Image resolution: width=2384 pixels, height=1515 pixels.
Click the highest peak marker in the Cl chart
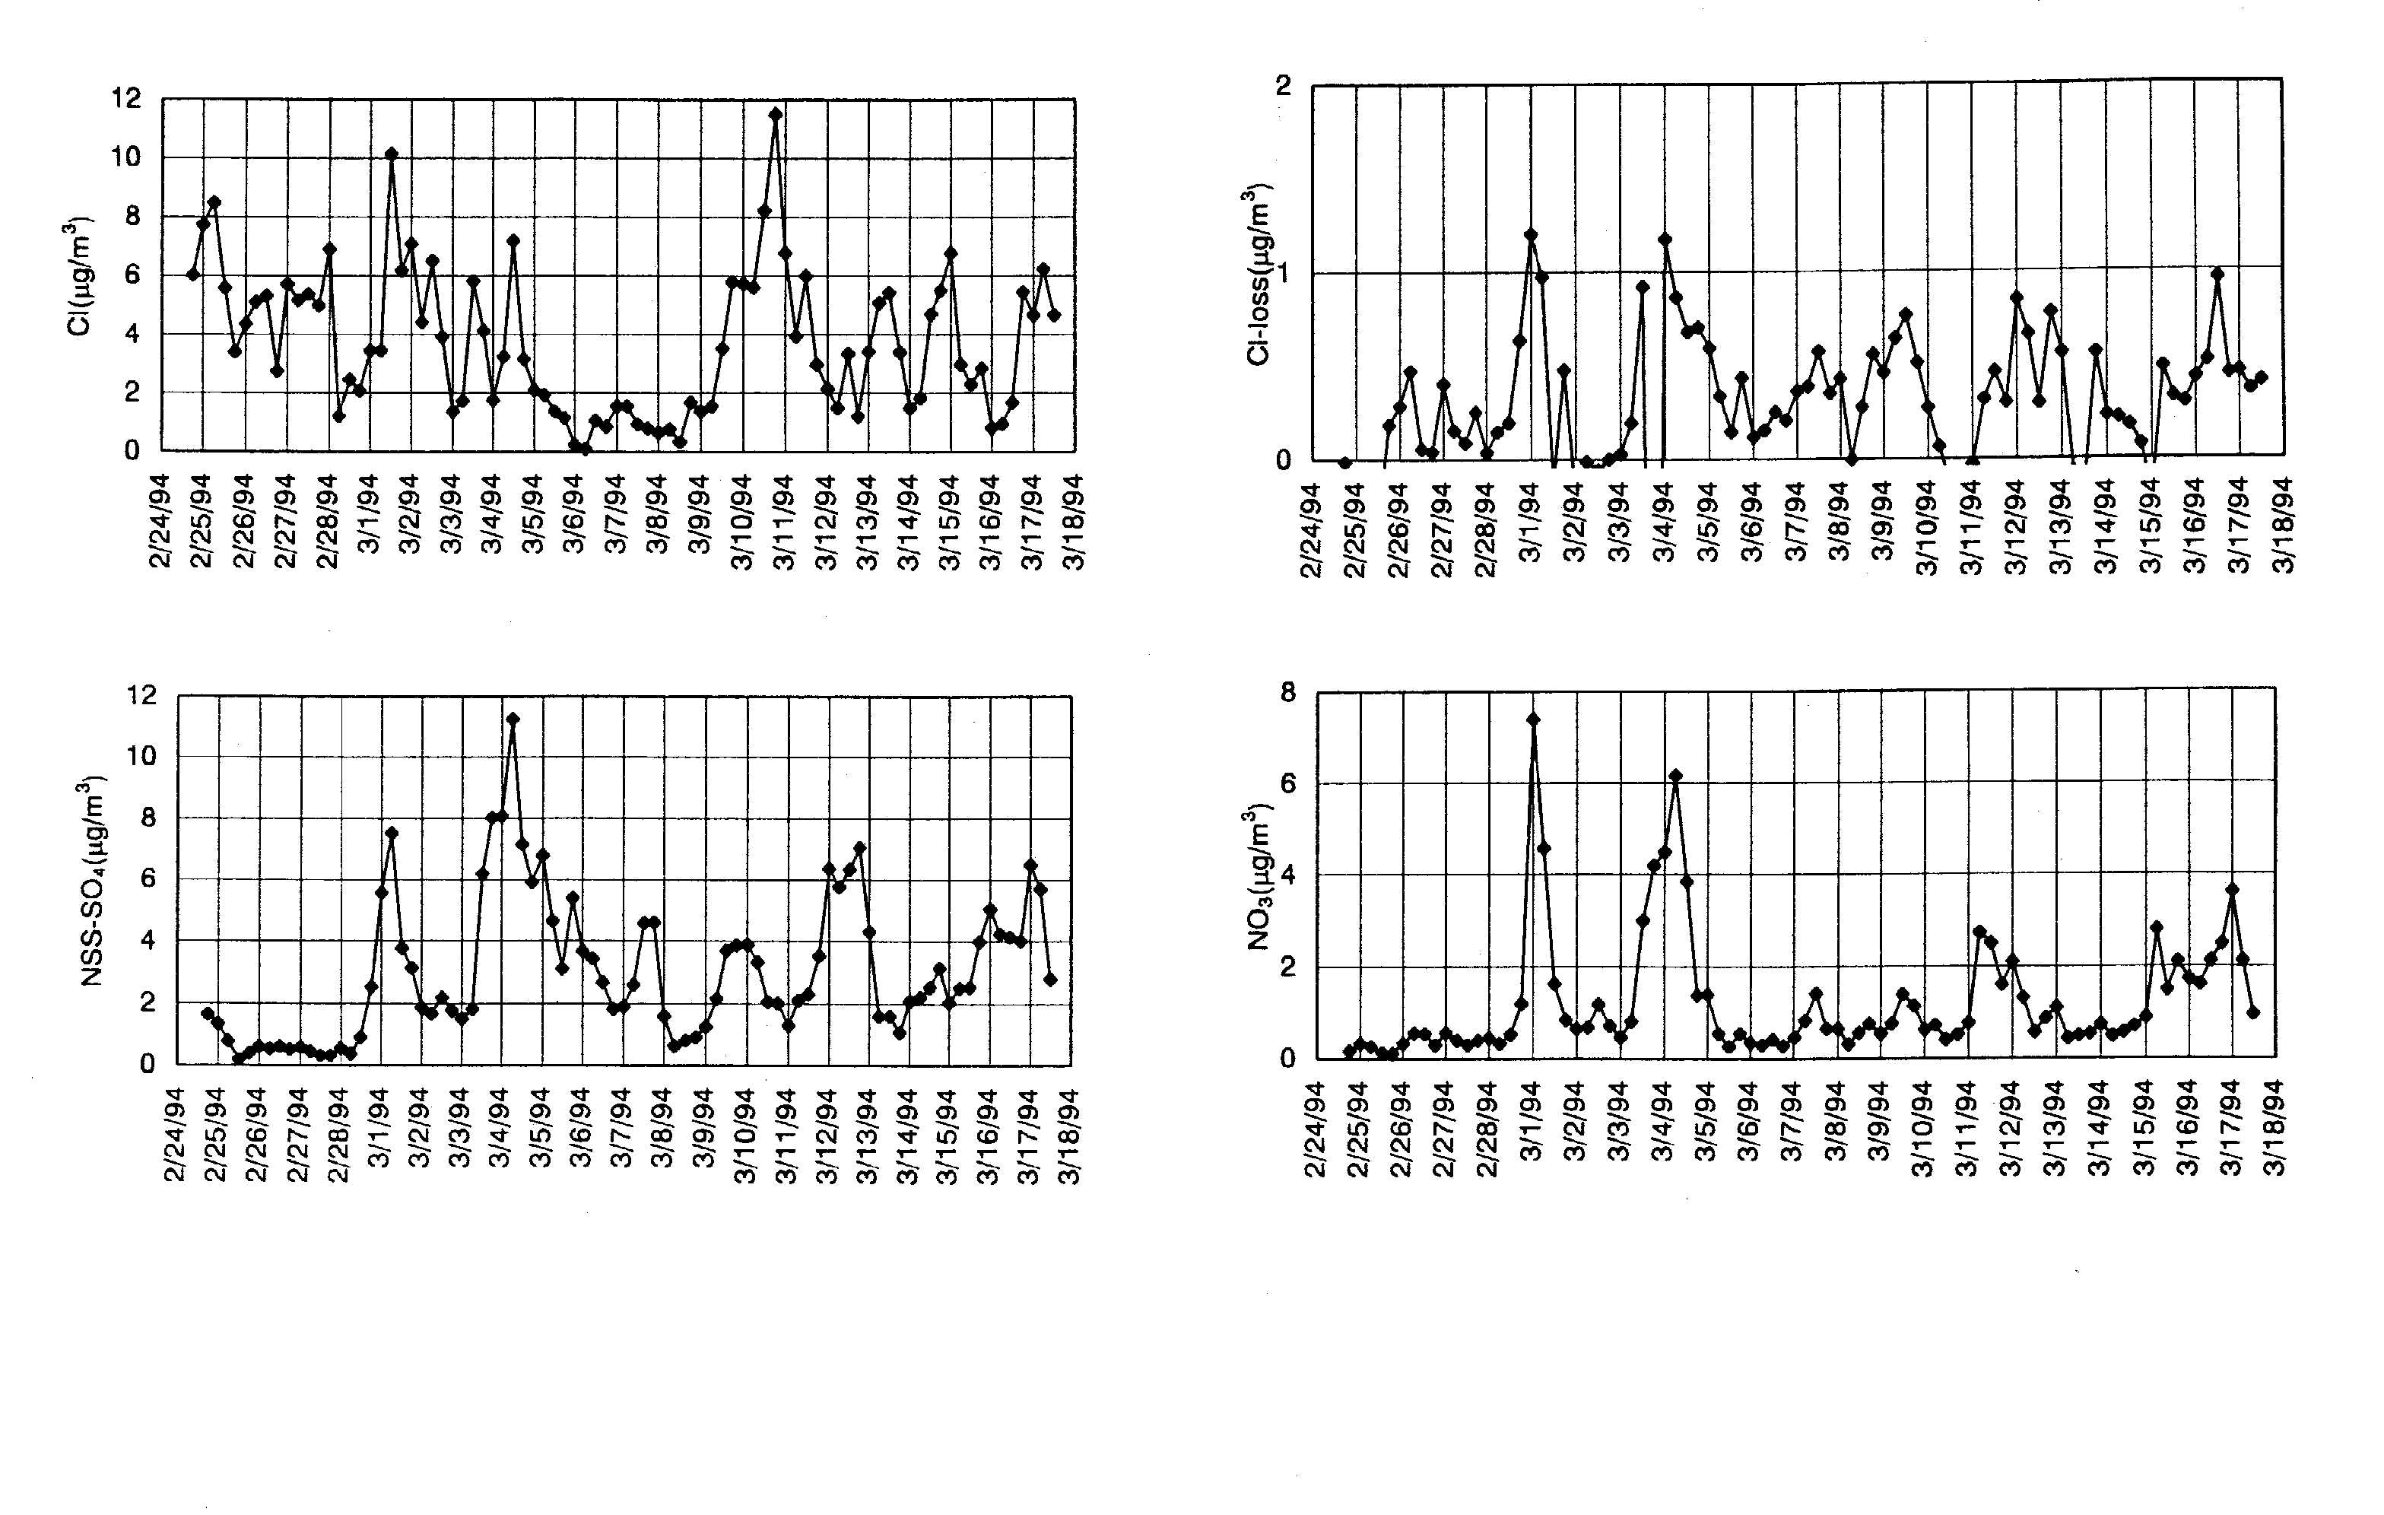775,114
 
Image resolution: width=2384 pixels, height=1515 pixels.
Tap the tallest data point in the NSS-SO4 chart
512,719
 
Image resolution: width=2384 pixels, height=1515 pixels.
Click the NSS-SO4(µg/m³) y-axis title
91,881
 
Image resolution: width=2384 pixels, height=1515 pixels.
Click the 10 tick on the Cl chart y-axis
127,157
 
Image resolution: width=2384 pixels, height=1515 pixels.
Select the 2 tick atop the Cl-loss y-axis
1284,85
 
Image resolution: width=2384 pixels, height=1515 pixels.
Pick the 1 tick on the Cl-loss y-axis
1284,273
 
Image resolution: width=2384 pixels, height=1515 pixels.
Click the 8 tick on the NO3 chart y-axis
1288,692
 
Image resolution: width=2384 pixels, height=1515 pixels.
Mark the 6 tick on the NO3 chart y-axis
1288,783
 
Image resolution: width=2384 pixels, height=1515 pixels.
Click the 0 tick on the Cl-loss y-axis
1284,460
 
